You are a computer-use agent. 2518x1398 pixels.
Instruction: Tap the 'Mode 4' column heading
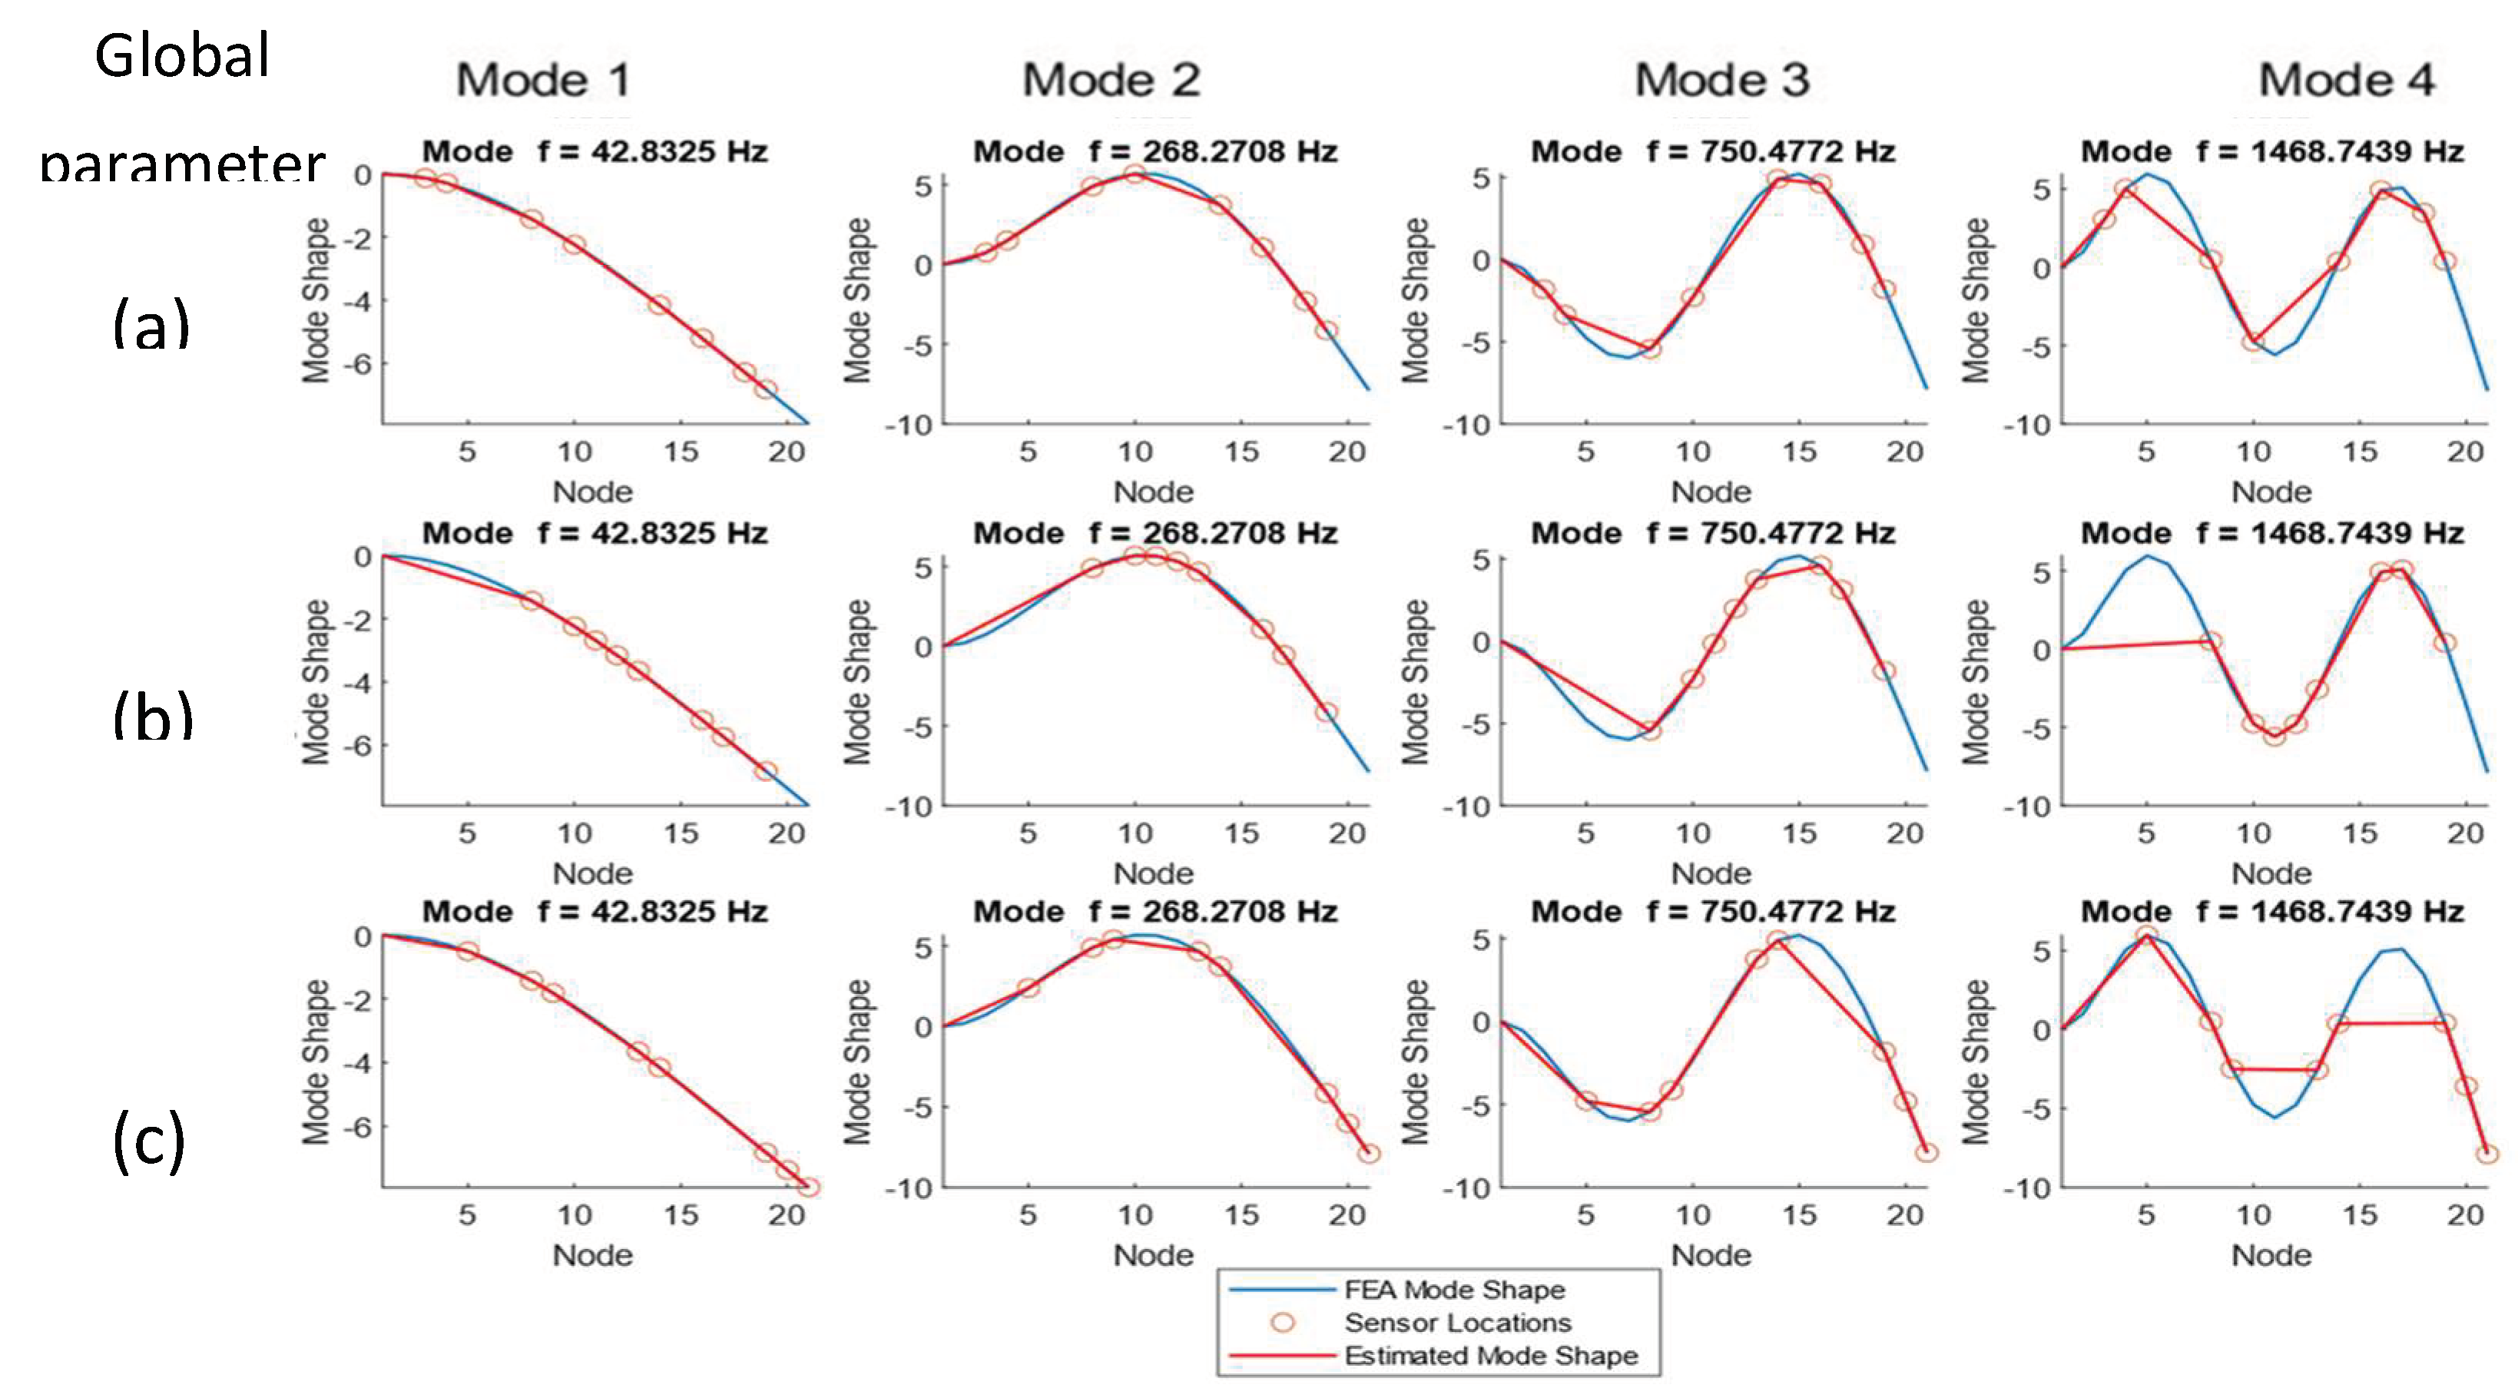(2346, 80)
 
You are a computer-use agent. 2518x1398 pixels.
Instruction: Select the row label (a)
(151, 325)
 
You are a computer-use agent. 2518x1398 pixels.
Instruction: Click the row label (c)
(148, 1140)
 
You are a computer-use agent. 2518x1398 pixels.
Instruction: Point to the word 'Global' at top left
(182, 56)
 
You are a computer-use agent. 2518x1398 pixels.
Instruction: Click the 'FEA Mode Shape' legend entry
(1453, 1290)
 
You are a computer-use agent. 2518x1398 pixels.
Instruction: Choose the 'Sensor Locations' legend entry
(1456, 1323)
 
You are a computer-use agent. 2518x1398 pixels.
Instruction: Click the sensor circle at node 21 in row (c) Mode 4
(2487, 1154)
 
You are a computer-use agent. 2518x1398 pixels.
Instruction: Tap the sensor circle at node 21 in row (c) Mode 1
(808, 1187)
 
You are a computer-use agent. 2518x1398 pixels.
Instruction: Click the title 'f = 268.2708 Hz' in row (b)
(1213, 533)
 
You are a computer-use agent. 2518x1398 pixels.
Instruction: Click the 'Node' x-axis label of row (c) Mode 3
(1711, 1254)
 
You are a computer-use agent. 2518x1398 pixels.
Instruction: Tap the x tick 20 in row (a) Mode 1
(786, 452)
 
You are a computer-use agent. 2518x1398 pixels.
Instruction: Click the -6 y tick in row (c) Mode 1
(359, 1126)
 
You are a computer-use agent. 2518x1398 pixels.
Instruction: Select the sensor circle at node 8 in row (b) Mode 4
(2210, 641)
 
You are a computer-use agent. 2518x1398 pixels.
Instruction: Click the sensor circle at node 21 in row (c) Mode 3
(1926, 1153)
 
